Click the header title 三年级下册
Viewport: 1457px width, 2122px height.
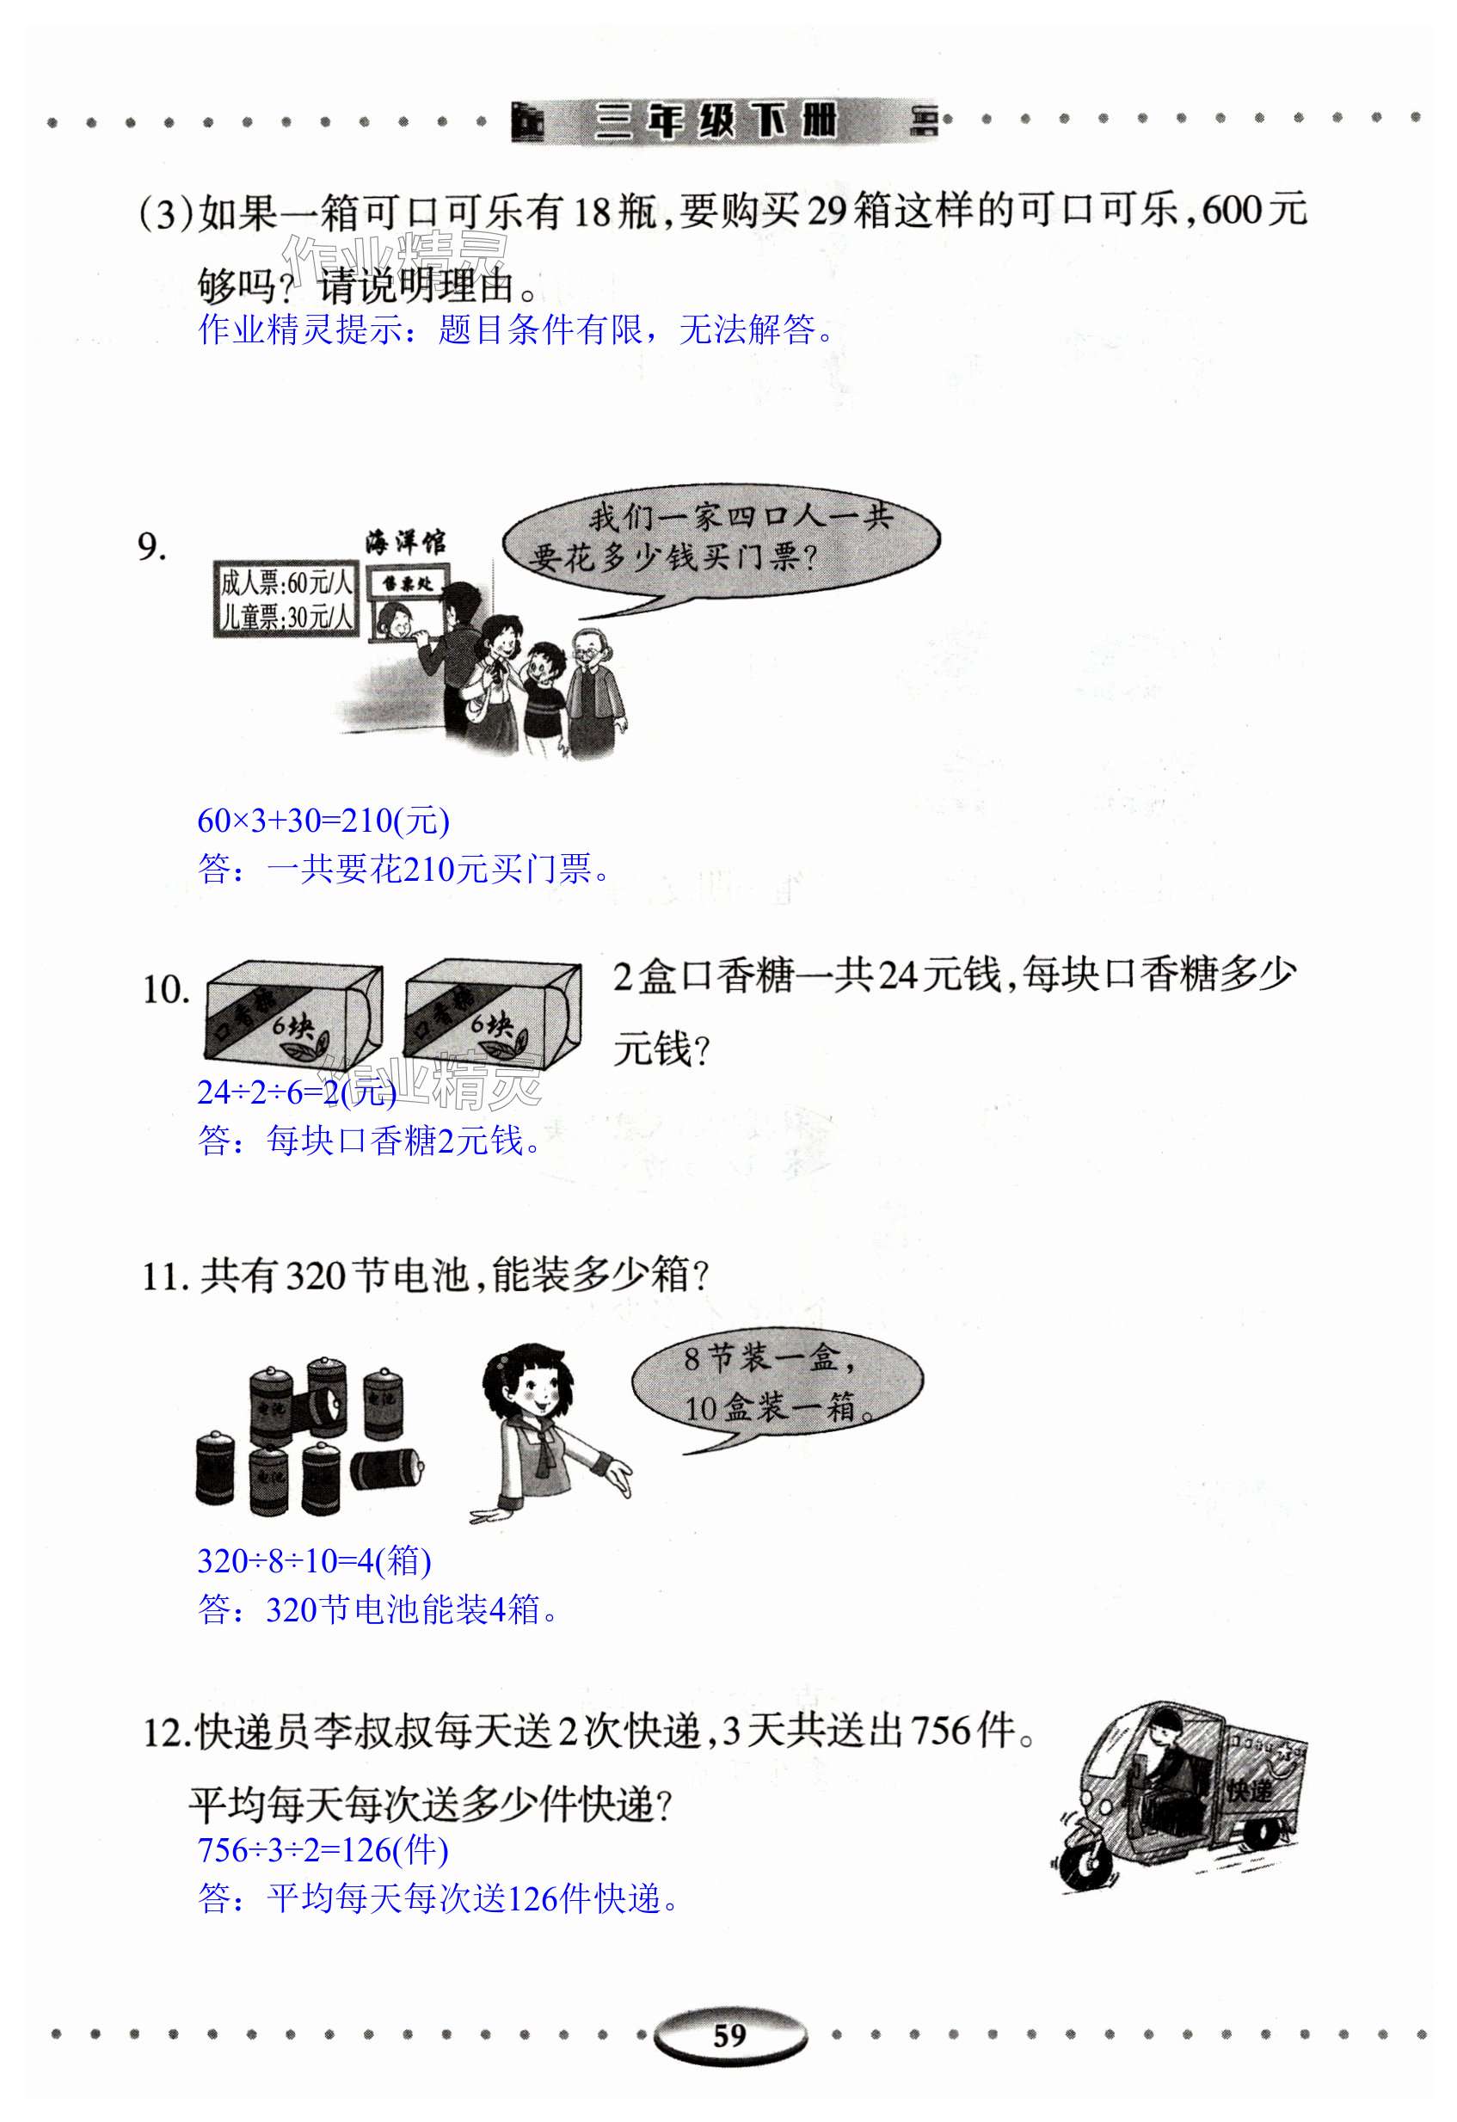click(716, 120)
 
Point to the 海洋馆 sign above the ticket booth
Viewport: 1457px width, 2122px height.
click(405, 543)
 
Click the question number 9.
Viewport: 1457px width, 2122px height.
click(151, 547)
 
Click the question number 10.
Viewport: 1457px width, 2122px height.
click(165, 990)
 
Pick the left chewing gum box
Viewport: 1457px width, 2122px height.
click(294, 1011)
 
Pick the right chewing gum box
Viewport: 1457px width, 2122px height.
click(492, 1011)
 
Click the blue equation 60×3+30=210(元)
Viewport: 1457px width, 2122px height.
click(323, 820)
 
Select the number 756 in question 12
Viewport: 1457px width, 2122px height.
click(940, 1731)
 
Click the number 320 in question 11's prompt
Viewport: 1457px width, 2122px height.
click(315, 1276)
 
